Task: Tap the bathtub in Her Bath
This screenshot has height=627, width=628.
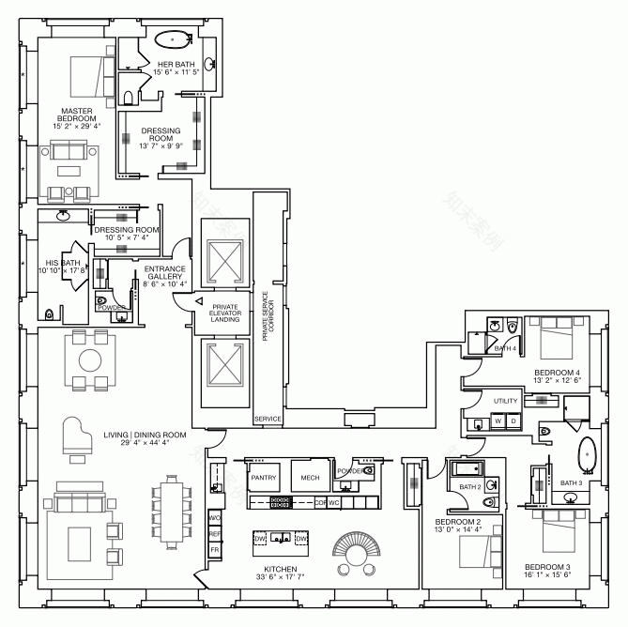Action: coord(172,40)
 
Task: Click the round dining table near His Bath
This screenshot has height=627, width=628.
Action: coord(90,359)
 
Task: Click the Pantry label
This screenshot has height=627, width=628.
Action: coord(263,478)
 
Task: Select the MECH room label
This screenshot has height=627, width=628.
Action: coord(310,478)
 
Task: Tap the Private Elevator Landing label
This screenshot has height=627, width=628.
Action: coord(225,313)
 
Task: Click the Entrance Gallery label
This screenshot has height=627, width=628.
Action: coord(165,276)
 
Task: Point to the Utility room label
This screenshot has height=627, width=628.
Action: coord(505,401)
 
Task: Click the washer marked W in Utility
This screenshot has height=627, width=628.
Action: coord(498,421)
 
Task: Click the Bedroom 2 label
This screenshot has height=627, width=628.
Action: coord(458,526)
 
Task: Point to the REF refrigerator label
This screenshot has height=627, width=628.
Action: coord(215,533)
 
